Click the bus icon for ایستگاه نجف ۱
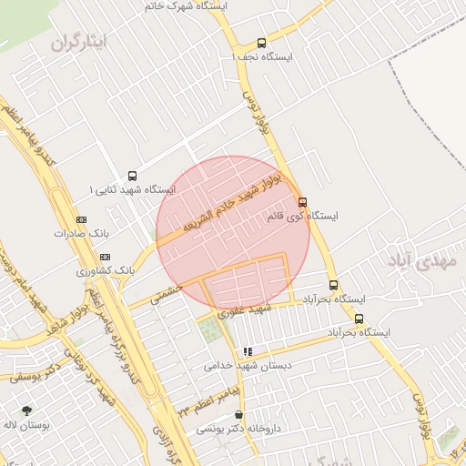(262, 43)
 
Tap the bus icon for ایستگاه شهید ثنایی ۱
(133, 176)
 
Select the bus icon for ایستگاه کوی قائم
(303, 202)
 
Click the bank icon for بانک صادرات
(81, 219)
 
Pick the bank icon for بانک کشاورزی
(105, 257)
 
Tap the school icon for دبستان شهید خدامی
(247, 351)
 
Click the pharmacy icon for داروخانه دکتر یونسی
(238, 414)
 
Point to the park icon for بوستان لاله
(25, 410)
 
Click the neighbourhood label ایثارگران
(78, 42)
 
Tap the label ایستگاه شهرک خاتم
(186, 5)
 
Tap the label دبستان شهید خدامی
(247, 365)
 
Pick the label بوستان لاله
(25, 424)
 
